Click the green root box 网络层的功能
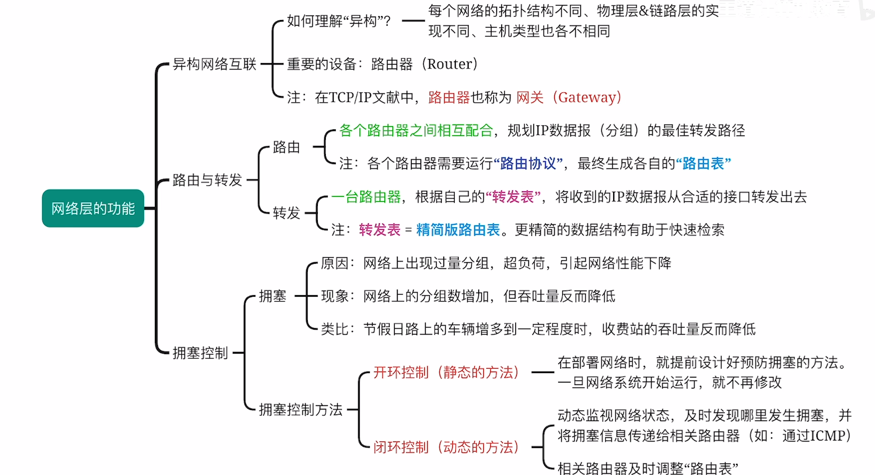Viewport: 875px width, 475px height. click(93, 208)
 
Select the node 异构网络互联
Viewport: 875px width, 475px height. click(214, 64)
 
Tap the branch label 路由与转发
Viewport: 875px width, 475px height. click(207, 180)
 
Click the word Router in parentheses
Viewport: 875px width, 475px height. click(449, 64)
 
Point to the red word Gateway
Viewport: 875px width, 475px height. click(587, 97)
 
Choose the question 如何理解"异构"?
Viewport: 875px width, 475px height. click(338, 21)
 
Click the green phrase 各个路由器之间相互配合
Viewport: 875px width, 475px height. click(416, 130)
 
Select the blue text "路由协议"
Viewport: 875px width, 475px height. click(528, 163)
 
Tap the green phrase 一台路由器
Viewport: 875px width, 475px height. click(366, 197)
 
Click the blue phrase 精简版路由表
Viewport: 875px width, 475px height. click(458, 230)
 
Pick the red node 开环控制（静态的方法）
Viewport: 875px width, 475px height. click(446, 373)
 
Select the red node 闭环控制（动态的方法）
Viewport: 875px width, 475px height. click(446, 447)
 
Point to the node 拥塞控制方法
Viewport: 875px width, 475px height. click(300, 410)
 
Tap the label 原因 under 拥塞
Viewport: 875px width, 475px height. click(334, 263)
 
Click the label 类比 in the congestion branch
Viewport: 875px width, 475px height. click(334, 329)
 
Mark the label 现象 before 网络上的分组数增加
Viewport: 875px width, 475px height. click(334, 296)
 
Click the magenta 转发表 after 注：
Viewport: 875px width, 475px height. click(379, 230)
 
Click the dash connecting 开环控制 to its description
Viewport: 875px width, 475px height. click(542, 372)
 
